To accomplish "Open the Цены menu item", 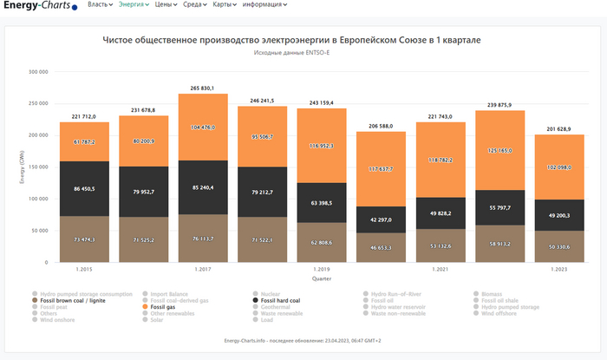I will coord(165,5).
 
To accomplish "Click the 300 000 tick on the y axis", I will coord(37,72).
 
